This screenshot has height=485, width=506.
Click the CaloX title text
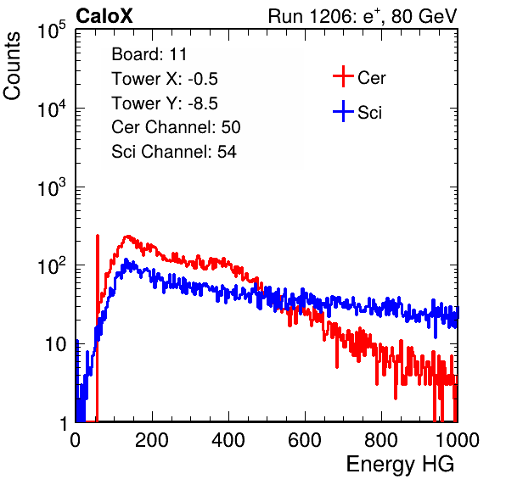(x=104, y=16)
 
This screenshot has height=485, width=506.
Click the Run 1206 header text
(x=363, y=16)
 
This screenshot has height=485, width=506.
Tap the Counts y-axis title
(x=12, y=65)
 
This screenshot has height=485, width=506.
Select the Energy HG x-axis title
(x=400, y=465)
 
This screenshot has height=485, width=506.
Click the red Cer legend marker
(x=343, y=76)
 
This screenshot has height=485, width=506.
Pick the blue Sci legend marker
(x=343, y=111)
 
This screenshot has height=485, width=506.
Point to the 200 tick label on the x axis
(x=152, y=440)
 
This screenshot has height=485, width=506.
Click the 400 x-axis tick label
(x=228, y=440)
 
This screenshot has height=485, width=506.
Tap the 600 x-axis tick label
(x=305, y=440)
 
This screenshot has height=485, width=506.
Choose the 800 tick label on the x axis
(x=381, y=440)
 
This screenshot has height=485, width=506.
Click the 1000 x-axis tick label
(x=458, y=440)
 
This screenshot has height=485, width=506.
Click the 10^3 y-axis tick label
(x=52, y=187)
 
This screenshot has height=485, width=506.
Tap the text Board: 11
(x=149, y=54)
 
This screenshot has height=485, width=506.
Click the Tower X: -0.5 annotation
(x=165, y=79)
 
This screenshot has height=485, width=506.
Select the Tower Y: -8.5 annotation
(x=165, y=103)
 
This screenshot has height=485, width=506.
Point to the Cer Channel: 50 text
(x=176, y=127)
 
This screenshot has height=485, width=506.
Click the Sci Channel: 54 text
(x=174, y=152)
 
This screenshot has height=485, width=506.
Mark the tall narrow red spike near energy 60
(x=98, y=327)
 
